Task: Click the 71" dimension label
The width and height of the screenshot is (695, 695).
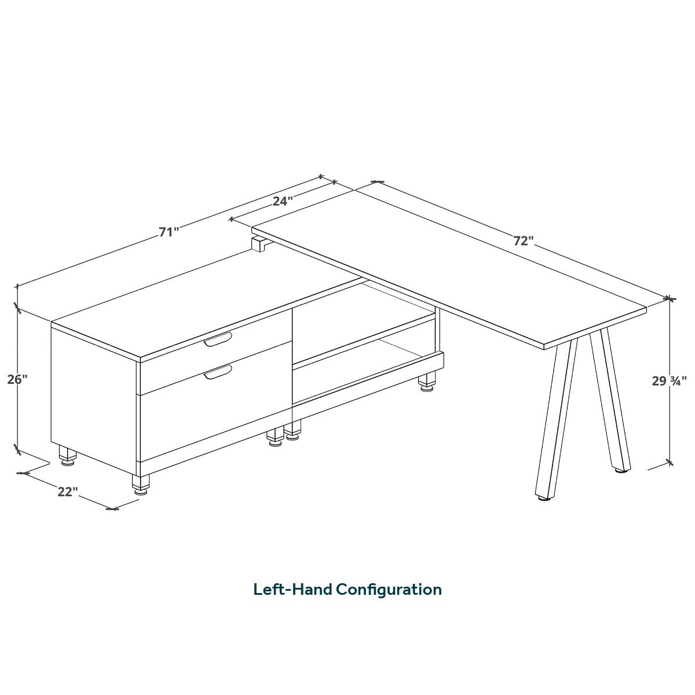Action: coord(169,232)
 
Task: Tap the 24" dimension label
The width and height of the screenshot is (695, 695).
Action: coord(282,201)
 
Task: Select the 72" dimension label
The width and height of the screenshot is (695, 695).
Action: coord(523,240)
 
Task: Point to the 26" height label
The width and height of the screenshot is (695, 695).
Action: coord(17,379)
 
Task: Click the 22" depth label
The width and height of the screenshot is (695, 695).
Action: coord(68,492)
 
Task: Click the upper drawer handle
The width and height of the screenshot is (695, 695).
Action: coord(218,339)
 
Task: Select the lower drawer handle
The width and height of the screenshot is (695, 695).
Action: coord(218,372)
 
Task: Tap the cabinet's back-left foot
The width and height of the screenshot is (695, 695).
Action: coord(67,456)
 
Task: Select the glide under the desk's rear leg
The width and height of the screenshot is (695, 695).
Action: coord(622,470)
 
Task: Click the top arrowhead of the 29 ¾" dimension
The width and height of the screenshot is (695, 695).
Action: coord(670,299)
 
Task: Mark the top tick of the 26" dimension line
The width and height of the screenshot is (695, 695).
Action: coord(17,308)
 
